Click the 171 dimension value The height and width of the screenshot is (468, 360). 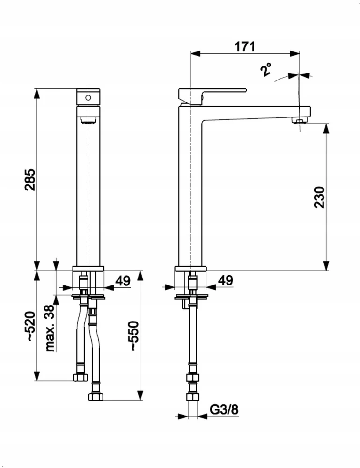(x=244, y=47)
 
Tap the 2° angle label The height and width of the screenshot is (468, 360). (x=266, y=69)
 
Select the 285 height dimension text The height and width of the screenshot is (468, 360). (x=30, y=180)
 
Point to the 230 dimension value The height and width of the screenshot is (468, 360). (x=319, y=197)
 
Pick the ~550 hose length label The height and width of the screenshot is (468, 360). (x=133, y=336)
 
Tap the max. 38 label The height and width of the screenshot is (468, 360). (x=50, y=328)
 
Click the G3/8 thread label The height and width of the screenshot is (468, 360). (x=224, y=409)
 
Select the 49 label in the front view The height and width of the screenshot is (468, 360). (x=123, y=281)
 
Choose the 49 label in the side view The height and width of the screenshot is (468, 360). (x=225, y=280)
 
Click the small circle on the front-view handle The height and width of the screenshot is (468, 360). (x=88, y=97)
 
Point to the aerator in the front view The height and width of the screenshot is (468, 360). (x=88, y=120)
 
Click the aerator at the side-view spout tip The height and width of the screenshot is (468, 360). (x=300, y=120)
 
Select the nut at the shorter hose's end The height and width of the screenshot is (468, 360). (x=81, y=377)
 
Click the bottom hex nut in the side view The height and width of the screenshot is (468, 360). (x=192, y=396)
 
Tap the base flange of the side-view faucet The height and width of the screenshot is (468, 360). (x=191, y=269)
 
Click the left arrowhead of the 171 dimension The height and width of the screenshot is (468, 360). (x=195, y=53)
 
